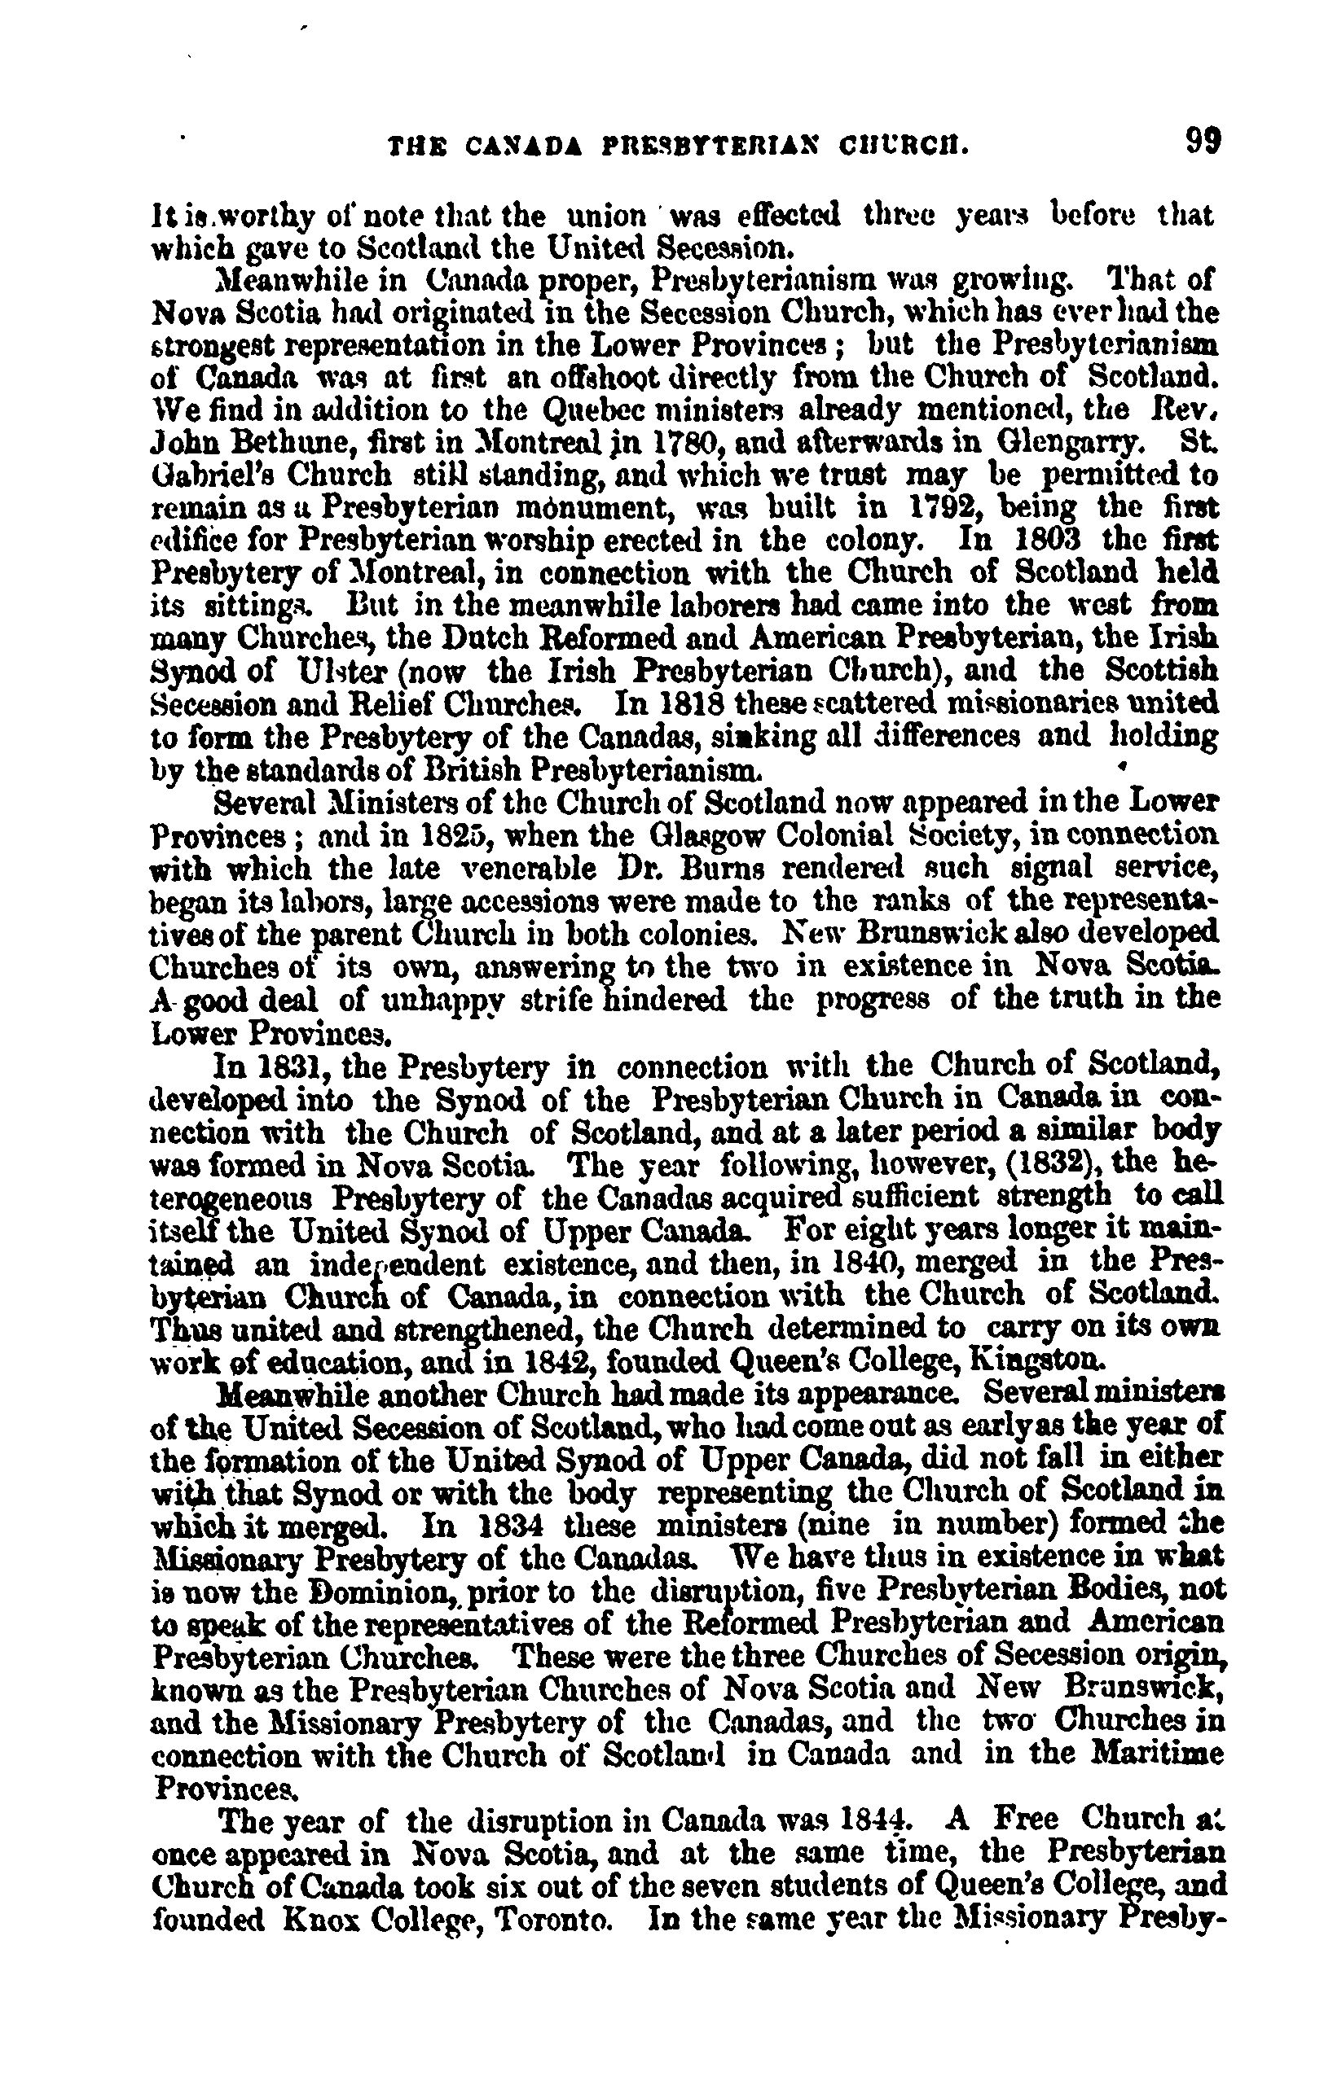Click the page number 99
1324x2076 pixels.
[x=1203, y=140]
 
